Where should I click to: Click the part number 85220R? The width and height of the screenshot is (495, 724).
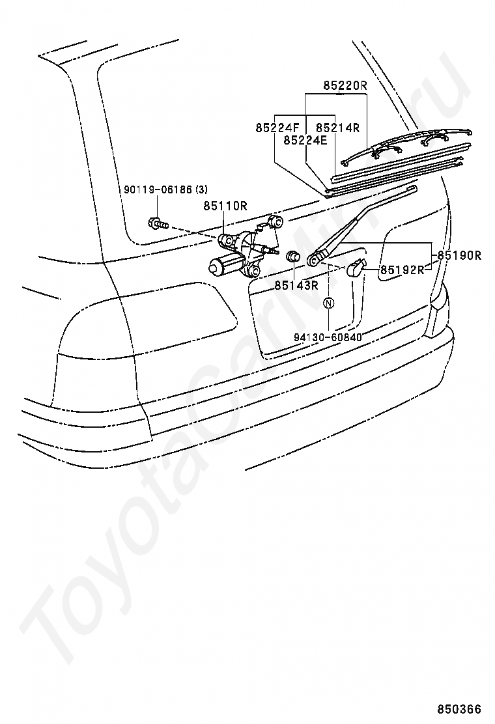[x=346, y=85]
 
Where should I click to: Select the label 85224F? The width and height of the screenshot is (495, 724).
[x=277, y=128]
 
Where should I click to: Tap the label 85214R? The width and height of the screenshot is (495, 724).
[x=338, y=128]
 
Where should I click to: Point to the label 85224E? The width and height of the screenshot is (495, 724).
[x=305, y=139]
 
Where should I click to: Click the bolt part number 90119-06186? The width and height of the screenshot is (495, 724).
[x=158, y=189]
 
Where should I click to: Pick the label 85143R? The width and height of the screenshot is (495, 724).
[x=296, y=285]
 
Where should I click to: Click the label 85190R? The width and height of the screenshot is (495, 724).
[x=459, y=255]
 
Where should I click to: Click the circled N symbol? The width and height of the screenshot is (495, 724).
[x=329, y=303]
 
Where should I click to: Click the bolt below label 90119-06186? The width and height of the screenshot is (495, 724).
[x=157, y=223]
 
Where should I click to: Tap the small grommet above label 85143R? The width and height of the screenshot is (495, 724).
[x=294, y=257]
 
